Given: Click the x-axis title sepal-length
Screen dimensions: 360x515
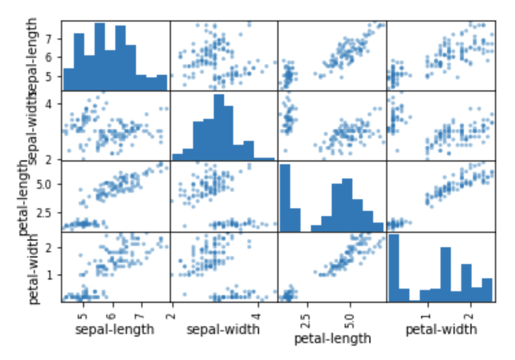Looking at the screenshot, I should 114,329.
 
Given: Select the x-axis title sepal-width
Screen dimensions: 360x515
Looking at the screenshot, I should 223,329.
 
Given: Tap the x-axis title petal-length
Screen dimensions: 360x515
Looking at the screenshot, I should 333,339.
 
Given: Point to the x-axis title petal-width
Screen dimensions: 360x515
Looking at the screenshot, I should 441,329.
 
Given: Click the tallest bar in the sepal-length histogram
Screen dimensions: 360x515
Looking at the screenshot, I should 100,57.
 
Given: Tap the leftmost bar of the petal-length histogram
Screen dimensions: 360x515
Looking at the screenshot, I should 285,198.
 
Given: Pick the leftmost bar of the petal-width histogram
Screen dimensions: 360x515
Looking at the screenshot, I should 394,268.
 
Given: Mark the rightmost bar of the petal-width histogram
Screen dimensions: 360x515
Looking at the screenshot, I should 487,290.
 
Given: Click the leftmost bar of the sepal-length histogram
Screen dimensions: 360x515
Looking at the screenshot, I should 68,79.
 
